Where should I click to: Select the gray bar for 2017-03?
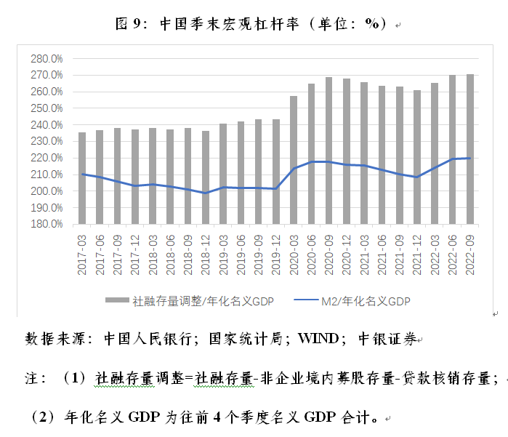pyautogui.click(x=82, y=178)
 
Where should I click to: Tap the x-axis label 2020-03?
pyautogui.click(x=294, y=252)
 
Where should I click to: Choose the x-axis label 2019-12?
pyautogui.click(x=276, y=252)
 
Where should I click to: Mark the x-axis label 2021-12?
pyautogui.click(x=417, y=252)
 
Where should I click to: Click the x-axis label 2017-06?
pyautogui.click(x=100, y=252)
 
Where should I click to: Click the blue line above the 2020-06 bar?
pyautogui.click(x=311, y=161)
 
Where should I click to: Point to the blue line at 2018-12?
pyautogui.click(x=206, y=193)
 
